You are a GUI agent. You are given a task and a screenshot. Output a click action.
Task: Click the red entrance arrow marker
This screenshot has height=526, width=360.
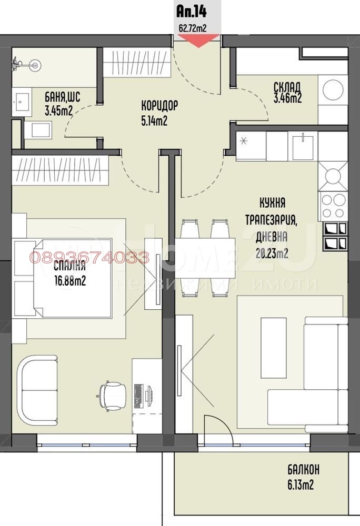coord(199,41)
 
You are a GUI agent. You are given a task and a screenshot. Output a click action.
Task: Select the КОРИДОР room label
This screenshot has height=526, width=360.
coord(159,106)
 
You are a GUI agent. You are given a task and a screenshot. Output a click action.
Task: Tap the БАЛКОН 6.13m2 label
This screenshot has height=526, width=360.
coord(303,477)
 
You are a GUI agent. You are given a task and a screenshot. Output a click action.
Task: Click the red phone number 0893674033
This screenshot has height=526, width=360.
coord(89,258)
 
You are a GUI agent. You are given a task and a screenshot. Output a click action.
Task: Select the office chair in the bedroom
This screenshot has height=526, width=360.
coord(113,393)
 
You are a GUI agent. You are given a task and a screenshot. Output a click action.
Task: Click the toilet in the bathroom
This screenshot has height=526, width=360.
coord(39,129)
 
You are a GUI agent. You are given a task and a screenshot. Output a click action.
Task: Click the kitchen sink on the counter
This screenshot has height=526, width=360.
coord(304,145)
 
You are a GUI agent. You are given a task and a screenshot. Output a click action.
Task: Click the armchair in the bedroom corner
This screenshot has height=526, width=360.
coord(39,389)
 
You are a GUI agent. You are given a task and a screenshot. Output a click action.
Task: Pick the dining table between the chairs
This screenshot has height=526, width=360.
coord(205,258)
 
